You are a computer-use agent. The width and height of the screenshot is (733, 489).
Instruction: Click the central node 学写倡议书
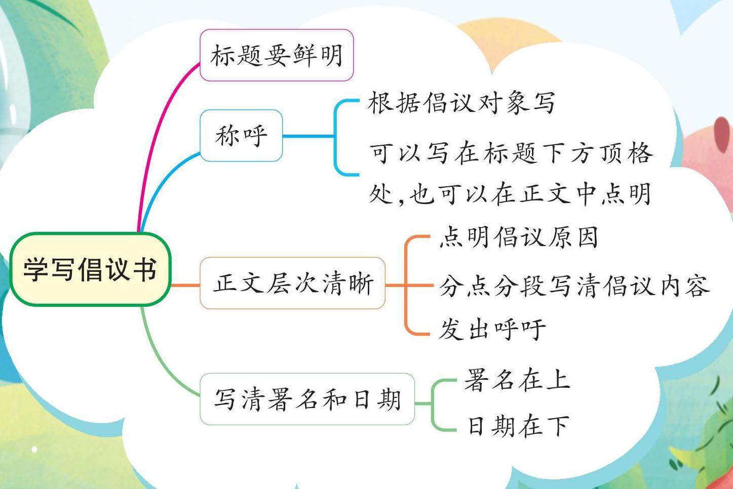(90, 269)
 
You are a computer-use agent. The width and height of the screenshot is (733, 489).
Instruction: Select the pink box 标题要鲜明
(276, 55)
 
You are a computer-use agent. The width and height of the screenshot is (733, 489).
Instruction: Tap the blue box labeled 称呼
(241, 136)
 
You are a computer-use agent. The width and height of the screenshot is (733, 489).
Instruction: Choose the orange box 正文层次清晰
(292, 283)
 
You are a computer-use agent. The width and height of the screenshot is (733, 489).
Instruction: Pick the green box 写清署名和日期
(307, 399)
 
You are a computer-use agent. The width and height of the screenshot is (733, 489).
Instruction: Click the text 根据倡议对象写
(461, 103)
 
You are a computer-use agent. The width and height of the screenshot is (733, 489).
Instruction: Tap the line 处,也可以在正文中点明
(510, 193)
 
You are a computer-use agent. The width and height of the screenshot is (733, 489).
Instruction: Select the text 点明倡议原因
(518, 237)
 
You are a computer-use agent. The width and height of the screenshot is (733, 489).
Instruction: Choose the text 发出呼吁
(492, 329)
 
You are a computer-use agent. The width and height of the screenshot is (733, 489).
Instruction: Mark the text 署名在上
(517, 380)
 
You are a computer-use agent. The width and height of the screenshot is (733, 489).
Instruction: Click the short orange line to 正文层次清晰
(185, 286)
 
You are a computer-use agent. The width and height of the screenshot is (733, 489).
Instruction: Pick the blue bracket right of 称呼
(335, 137)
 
